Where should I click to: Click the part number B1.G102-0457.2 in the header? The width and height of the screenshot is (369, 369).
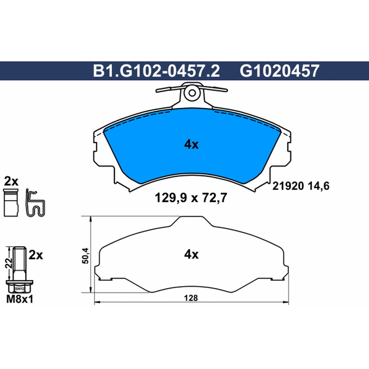pyautogui.click(x=156, y=71)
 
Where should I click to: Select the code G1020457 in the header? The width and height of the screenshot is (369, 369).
pyautogui.click(x=280, y=71)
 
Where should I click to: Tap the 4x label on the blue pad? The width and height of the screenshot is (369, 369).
pyautogui.click(x=191, y=144)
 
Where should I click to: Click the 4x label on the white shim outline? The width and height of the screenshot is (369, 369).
pyautogui.click(x=191, y=255)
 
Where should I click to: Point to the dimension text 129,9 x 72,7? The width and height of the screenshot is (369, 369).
pyautogui.click(x=191, y=198)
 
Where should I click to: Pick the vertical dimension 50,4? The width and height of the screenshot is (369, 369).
pyautogui.click(x=85, y=256)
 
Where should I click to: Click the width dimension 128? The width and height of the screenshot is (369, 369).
pyautogui.click(x=191, y=298)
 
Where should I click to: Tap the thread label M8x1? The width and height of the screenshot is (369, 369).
pyautogui.click(x=20, y=299)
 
